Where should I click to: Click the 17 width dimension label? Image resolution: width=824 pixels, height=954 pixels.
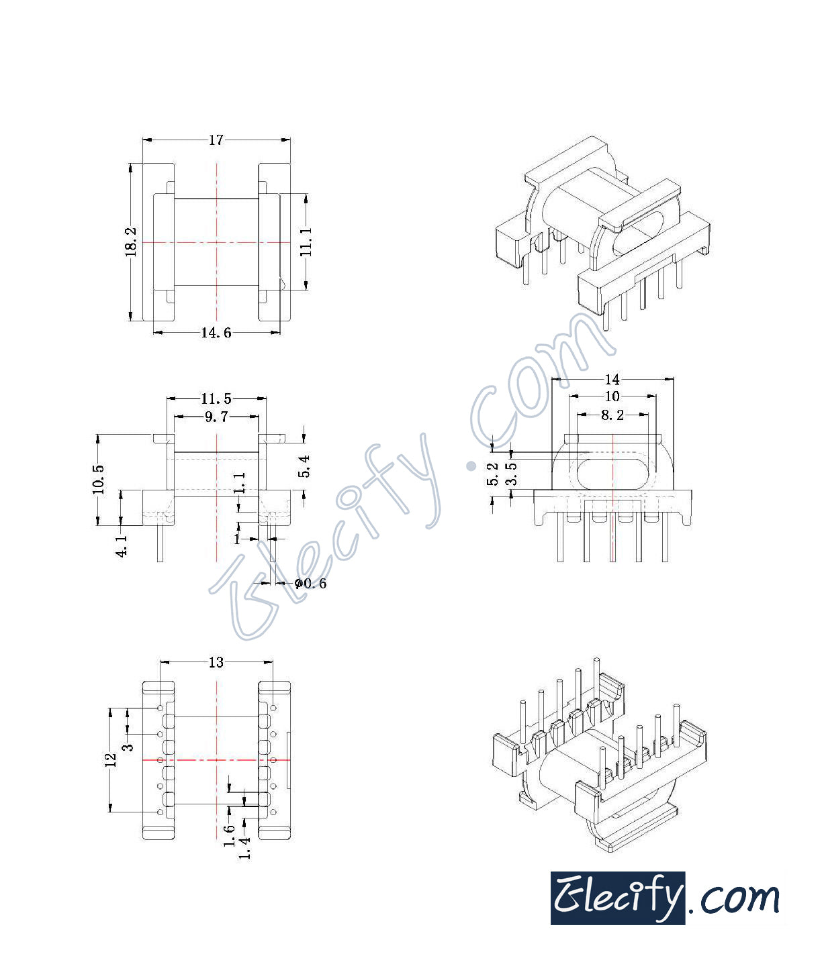click(216, 140)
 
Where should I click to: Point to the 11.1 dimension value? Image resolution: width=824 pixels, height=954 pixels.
click(306, 242)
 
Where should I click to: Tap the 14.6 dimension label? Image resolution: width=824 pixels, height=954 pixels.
click(216, 332)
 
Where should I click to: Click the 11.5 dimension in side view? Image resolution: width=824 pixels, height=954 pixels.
click(216, 399)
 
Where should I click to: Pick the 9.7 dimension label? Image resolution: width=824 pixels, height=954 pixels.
click(216, 417)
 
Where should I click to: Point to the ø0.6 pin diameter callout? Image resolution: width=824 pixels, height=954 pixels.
click(310, 584)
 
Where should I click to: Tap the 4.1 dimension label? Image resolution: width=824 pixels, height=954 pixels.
click(122, 546)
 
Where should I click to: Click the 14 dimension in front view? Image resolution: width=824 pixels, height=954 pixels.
click(612, 379)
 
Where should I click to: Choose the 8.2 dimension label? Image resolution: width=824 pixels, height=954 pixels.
click(612, 415)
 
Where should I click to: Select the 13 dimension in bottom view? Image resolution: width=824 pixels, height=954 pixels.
click(216, 663)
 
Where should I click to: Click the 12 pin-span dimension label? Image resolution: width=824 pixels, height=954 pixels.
click(111, 759)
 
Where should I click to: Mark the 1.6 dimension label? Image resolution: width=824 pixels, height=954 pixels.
click(230, 835)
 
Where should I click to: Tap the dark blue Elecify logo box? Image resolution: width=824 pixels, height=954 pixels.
click(617, 898)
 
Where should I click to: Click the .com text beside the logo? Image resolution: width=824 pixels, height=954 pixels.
click(733, 898)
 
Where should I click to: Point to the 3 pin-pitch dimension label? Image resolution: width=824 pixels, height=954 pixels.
click(128, 745)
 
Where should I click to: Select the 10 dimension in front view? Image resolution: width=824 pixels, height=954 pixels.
click(612, 397)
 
